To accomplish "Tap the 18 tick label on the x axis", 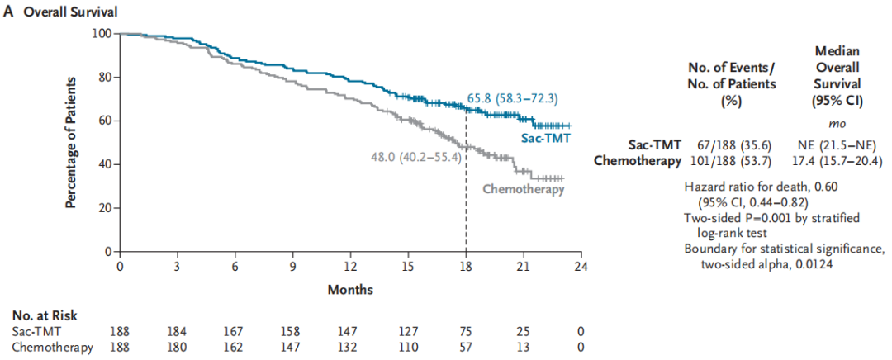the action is (466, 266).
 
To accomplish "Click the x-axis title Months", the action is (350, 290).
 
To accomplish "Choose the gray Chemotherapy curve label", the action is (524, 189).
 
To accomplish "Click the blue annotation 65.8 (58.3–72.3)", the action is (513, 98).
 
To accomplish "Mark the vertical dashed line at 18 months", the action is (466, 181).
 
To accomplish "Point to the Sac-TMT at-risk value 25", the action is (524, 332).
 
